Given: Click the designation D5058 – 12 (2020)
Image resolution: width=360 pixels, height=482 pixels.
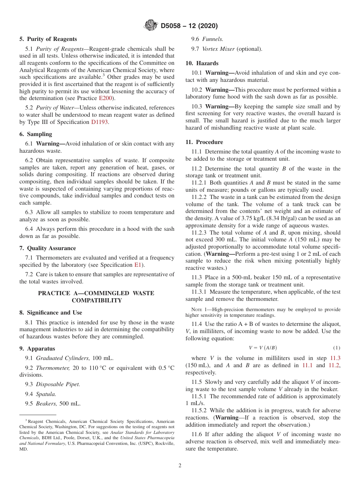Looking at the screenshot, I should pos(189,26).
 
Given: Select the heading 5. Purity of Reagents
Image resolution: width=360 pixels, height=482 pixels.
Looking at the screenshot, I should pos(48,39).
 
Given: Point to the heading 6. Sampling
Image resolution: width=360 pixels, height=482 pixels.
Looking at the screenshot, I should pos(36,134).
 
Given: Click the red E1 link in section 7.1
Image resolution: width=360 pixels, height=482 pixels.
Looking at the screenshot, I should pos(138,265).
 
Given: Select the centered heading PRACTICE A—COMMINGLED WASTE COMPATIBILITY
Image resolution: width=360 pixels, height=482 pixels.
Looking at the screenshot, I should pos(97,297).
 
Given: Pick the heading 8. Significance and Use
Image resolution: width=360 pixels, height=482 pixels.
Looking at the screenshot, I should pos(51,313).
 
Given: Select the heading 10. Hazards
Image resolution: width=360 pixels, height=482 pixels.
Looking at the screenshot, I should pos(202,63).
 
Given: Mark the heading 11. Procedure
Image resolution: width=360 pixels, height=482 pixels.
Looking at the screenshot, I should pos(204,142).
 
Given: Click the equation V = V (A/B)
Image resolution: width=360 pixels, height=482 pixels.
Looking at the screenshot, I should pos(260,347).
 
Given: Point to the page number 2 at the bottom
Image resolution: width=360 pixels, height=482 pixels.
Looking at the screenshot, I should pos(180,466).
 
